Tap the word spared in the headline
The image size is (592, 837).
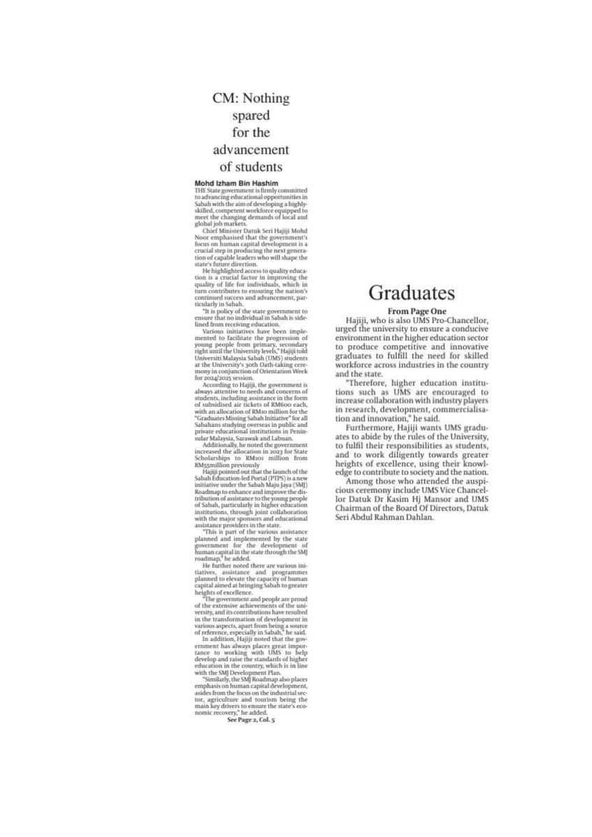click(250, 116)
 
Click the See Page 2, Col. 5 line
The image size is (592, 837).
click(251, 719)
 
